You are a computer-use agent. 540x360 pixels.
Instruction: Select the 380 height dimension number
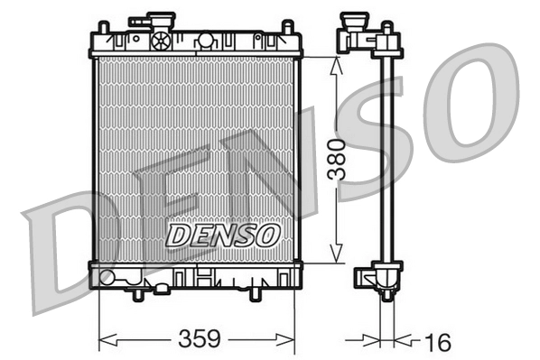pyautogui.click(x=336, y=160)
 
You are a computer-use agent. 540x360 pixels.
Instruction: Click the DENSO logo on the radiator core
pyautogui.click(x=222, y=235)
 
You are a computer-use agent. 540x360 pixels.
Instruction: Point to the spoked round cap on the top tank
pyautogui.click(x=162, y=40)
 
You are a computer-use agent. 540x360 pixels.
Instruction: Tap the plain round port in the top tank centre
pyautogui.click(x=205, y=40)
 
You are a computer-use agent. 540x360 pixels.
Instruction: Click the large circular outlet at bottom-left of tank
pyautogui.click(x=107, y=278)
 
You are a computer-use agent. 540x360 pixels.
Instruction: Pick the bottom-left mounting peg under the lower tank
pyautogui.click(x=137, y=294)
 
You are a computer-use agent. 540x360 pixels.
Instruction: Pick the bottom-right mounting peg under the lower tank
pyautogui.click(x=256, y=294)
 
